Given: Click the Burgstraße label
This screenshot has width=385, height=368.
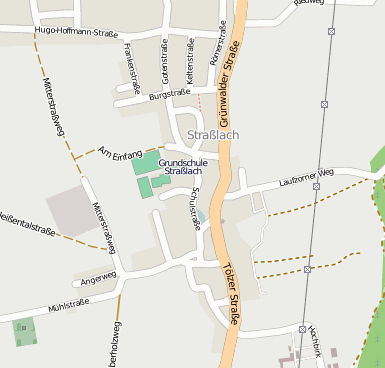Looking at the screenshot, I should (169, 93).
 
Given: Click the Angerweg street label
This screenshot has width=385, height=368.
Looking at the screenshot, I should (100, 275).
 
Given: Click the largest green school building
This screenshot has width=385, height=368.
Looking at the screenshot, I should (145, 162).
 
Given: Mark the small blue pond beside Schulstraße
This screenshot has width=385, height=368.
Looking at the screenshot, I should (202, 216).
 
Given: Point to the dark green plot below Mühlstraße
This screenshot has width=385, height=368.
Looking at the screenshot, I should (24, 331).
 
